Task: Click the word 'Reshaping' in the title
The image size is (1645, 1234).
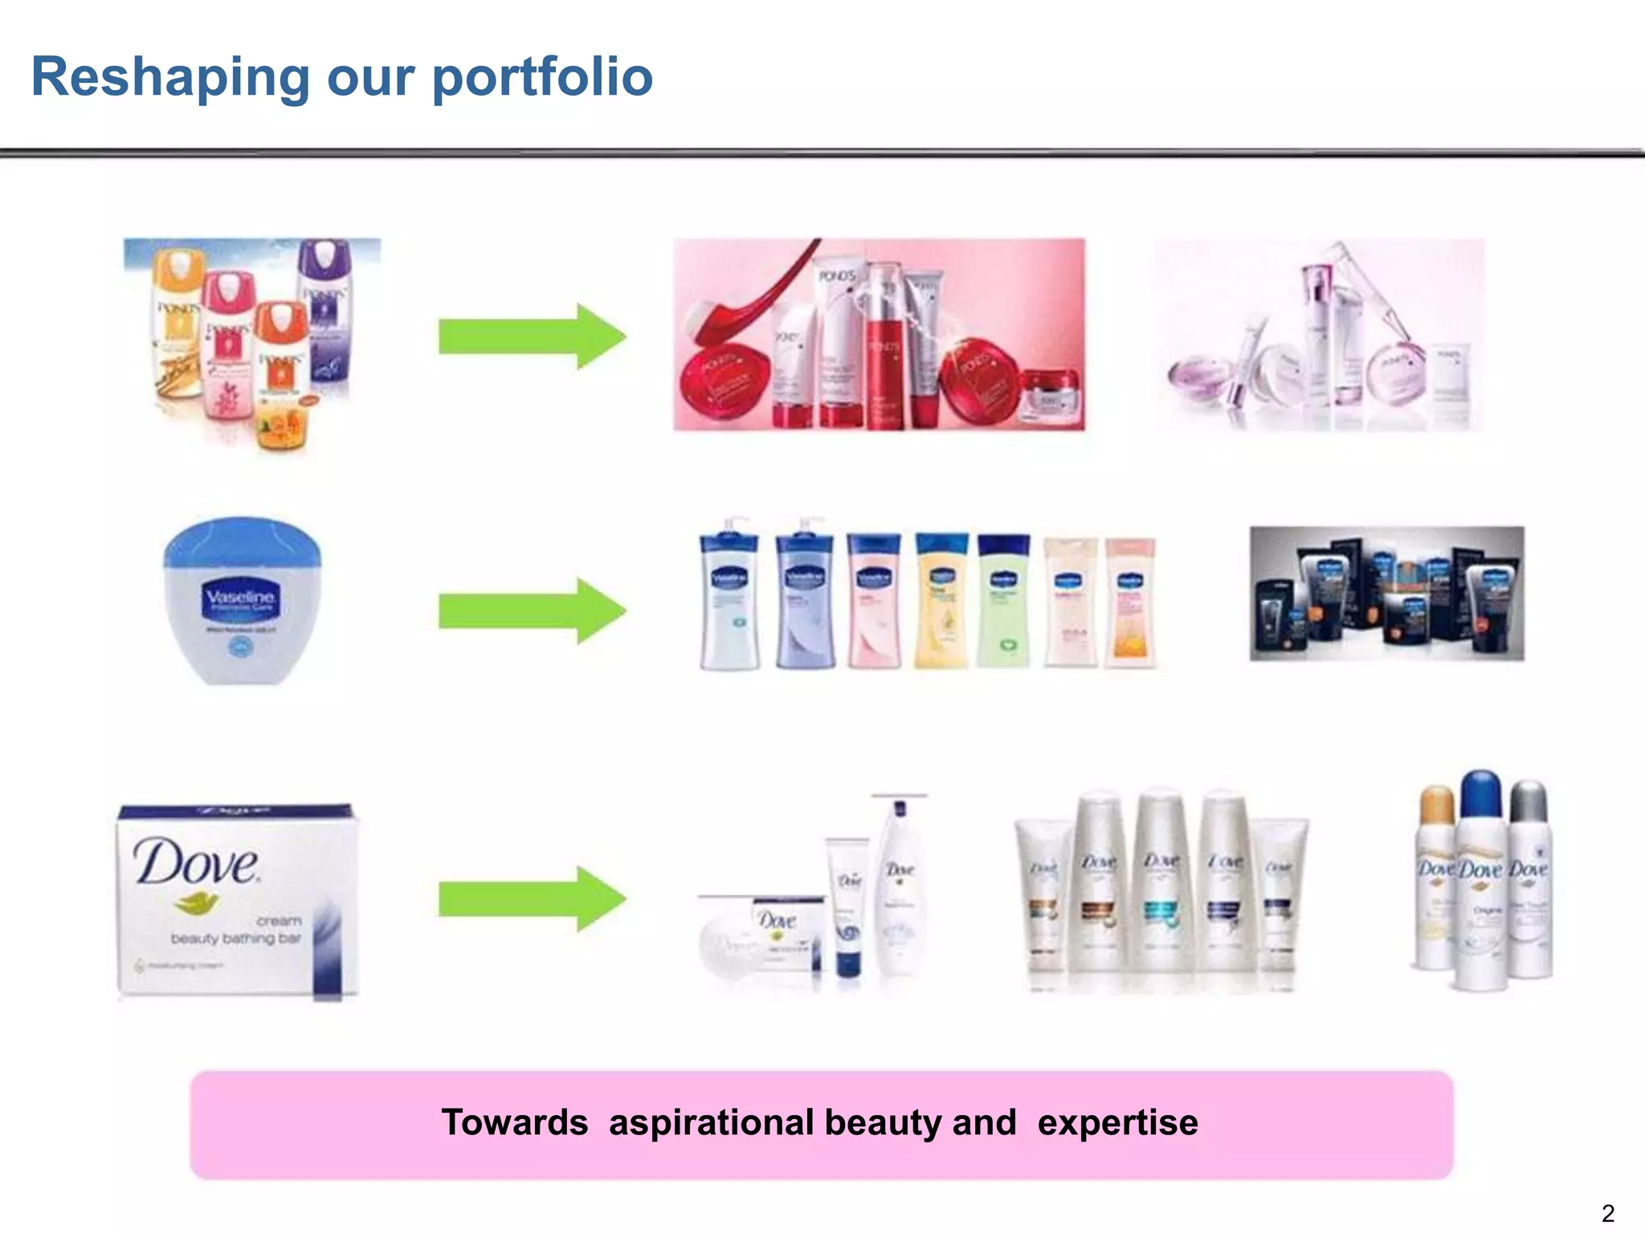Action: pos(169,78)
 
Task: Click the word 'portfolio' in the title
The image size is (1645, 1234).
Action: pos(542,78)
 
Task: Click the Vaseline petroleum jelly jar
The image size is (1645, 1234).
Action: pos(242,601)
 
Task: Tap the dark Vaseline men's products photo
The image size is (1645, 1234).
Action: pos(1386,594)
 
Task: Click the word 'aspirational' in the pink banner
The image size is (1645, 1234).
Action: pos(710,1122)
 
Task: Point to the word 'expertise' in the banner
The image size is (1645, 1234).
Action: pos(1117,1122)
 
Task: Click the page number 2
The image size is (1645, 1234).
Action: pos(1607,1213)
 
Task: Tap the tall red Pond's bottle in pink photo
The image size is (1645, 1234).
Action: pos(885,345)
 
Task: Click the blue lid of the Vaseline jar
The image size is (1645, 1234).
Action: pos(242,543)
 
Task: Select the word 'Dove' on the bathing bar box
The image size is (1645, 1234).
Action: pos(196,862)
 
